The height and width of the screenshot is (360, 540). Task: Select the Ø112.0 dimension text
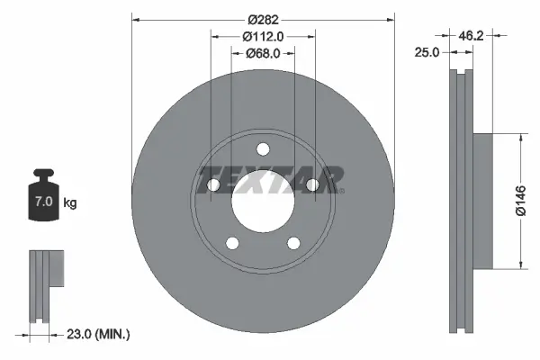coord(263,36)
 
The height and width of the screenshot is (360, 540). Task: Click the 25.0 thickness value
coord(427,53)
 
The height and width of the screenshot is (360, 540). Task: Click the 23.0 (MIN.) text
coord(100,334)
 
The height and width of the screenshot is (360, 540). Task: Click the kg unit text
coord(70,202)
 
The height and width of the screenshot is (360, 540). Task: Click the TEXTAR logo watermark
coord(270,179)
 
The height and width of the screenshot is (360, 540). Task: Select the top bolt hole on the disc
coord(263,149)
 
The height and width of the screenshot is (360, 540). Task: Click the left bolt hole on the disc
coord(213,185)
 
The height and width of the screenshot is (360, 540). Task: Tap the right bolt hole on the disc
coord(312,185)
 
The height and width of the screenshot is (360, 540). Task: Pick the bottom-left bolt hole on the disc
coord(232,243)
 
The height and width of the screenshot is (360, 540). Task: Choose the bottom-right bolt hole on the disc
coord(293,243)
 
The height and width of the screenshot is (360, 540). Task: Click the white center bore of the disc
coord(263,202)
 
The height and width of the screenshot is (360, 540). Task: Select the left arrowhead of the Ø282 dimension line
coord(137,19)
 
